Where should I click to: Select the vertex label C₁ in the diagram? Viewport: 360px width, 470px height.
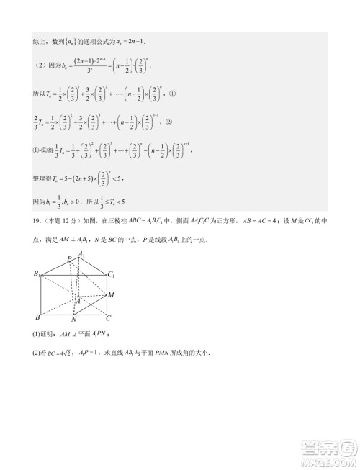tap(112, 274)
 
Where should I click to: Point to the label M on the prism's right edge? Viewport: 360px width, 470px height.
tap(110, 294)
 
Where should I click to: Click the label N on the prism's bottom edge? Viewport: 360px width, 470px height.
tap(74, 319)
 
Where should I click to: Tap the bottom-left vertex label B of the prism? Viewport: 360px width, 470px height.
tap(37, 317)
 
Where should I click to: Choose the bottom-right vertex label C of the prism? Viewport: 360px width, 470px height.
tap(108, 317)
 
